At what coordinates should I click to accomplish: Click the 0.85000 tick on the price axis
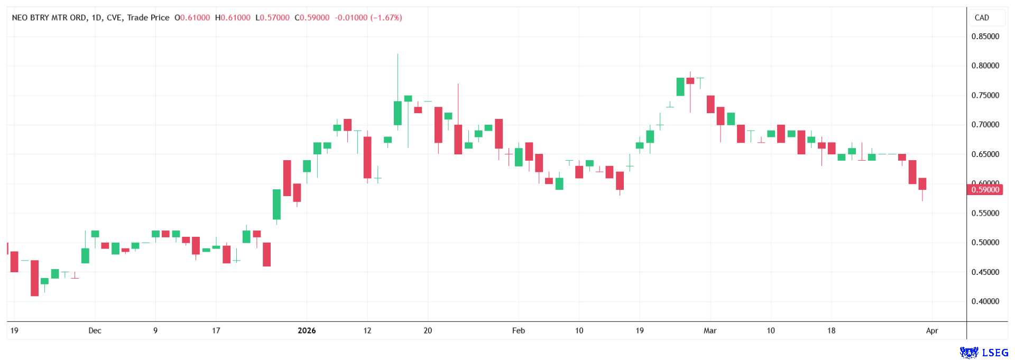tap(985, 36)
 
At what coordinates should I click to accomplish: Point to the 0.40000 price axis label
tap(985, 301)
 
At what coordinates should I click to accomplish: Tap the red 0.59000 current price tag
tap(984, 189)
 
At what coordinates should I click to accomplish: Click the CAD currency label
tap(982, 17)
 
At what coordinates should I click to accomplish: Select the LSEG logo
tap(984, 353)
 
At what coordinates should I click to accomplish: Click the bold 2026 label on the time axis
tap(307, 330)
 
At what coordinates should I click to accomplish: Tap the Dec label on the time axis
tap(95, 330)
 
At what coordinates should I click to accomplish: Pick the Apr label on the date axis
tap(932, 330)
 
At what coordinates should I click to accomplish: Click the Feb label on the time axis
tap(519, 330)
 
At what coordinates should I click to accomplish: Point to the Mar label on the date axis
tap(710, 330)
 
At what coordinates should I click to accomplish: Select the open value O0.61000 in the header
tap(192, 17)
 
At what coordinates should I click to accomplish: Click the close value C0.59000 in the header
tap(314, 17)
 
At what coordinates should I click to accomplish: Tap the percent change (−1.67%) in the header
tap(386, 17)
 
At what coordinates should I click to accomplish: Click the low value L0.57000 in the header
tap(272, 17)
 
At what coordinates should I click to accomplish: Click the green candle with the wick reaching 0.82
tap(398, 113)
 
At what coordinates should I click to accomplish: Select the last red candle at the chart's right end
tap(922, 184)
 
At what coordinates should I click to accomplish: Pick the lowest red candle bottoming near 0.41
tap(35, 278)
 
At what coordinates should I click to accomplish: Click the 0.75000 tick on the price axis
tap(985, 95)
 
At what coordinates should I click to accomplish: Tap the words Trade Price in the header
tap(148, 17)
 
